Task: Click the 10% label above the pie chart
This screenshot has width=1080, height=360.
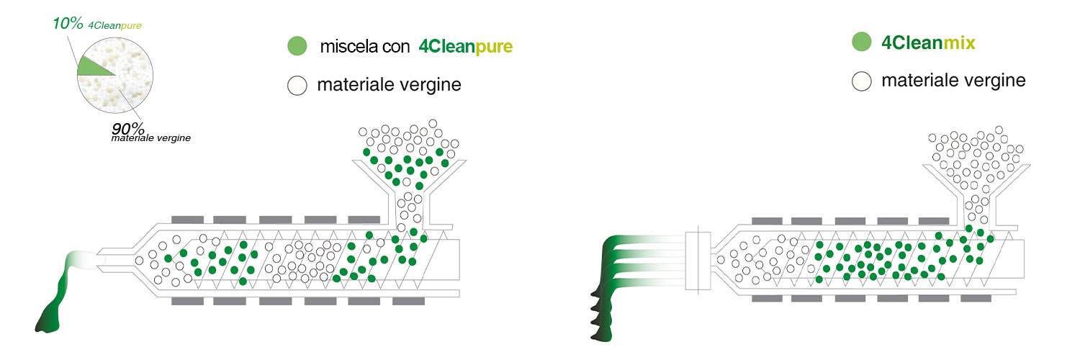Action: (x=68, y=23)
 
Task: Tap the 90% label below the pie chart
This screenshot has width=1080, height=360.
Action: (x=127, y=128)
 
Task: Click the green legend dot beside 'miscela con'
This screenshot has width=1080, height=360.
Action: (x=297, y=46)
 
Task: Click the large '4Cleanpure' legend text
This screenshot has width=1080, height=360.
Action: (x=465, y=47)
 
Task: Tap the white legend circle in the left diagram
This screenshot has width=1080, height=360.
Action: (x=297, y=85)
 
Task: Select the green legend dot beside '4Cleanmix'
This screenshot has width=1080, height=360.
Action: (x=862, y=42)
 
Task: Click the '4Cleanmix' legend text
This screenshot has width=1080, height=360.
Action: (x=928, y=43)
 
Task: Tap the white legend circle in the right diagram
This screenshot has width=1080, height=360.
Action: (x=862, y=81)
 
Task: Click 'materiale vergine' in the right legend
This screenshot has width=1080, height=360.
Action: (x=953, y=81)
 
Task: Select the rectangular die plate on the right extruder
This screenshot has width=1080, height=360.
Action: (x=698, y=261)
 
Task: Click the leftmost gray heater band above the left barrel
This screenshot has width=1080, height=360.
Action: (x=187, y=220)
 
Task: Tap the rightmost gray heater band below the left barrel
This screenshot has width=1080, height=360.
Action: (x=408, y=301)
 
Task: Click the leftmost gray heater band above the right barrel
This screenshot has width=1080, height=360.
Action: (x=767, y=221)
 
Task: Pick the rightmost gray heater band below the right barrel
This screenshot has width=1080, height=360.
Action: (x=976, y=298)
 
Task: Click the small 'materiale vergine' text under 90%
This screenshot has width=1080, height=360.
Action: (x=151, y=138)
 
